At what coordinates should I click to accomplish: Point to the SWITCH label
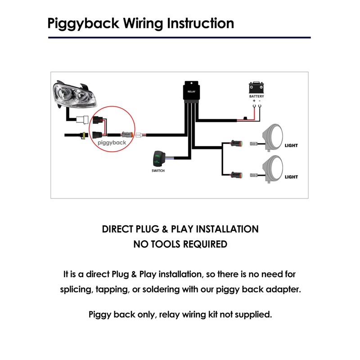tap(158, 171)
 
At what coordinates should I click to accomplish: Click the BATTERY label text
tap(256, 96)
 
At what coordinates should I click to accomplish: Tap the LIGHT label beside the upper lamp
tap(291, 145)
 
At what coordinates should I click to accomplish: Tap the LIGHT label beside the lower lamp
tap(291, 177)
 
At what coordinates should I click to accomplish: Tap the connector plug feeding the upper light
tap(236, 144)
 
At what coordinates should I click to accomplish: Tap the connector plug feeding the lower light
tap(236, 175)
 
